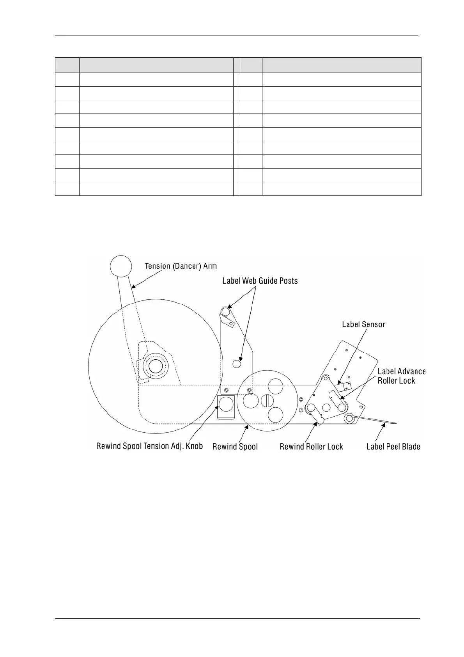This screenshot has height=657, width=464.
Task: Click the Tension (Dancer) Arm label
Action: tap(181, 266)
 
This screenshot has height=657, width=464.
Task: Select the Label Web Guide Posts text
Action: tap(260, 281)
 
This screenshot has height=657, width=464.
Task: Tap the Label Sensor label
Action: tap(363, 324)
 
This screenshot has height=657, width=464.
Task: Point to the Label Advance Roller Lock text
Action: tap(401, 376)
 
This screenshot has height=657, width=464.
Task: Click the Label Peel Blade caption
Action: tap(393, 447)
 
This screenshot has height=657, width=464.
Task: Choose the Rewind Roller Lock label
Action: tap(311, 447)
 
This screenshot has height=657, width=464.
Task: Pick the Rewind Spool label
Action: tap(235, 447)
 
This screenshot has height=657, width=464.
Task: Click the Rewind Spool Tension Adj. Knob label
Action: tap(150, 446)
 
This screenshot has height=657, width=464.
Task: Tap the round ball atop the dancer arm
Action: tap(121, 266)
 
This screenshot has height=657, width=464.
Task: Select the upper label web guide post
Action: tap(225, 311)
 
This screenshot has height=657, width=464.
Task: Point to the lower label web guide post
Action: tap(237, 364)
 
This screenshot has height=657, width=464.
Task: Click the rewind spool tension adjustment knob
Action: tap(226, 404)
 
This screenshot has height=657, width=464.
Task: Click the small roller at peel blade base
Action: tap(349, 419)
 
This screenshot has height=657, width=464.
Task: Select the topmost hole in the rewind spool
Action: tap(275, 386)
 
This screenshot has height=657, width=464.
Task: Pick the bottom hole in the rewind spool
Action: tap(275, 414)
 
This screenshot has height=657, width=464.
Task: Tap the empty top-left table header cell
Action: tap(67, 65)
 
